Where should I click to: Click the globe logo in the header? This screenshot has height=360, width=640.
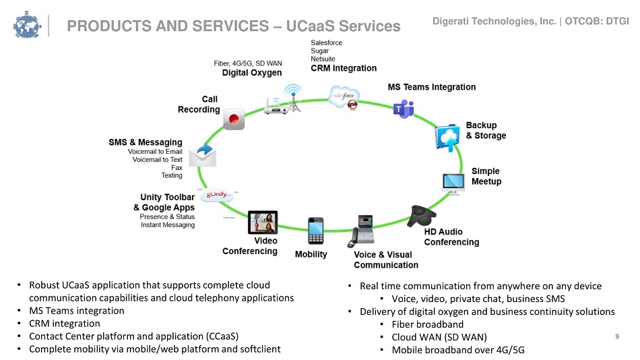(x=27, y=26)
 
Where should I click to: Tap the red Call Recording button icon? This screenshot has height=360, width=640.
(x=234, y=119)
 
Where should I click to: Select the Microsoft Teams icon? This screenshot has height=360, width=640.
(x=404, y=109)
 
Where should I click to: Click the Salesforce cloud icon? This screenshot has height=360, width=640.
(x=344, y=97)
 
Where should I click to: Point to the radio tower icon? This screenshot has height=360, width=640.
(x=293, y=98)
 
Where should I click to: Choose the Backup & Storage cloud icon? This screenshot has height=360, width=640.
(x=447, y=138)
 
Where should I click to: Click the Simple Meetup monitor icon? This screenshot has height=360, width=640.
(x=453, y=183)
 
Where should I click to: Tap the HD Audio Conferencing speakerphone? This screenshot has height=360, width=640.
(x=421, y=216)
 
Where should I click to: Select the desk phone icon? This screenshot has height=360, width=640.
(x=361, y=231)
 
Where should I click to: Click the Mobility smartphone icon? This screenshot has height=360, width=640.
(x=315, y=231)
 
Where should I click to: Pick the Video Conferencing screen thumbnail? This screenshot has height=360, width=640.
(x=263, y=222)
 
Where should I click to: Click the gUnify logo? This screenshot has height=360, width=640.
(x=218, y=195)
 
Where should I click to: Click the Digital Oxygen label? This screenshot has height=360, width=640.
(x=252, y=73)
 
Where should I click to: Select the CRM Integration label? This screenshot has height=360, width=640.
(x=344, y=68)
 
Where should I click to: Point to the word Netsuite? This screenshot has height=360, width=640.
(x=323, y=59)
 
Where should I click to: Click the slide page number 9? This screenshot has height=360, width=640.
(x=617, y=336)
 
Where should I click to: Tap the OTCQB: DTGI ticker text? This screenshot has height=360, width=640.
(x=597, y=22)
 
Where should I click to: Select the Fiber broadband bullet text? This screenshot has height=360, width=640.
(x=427, y=324)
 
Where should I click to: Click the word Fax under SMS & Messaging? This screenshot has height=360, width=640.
(x=177, y=168)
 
